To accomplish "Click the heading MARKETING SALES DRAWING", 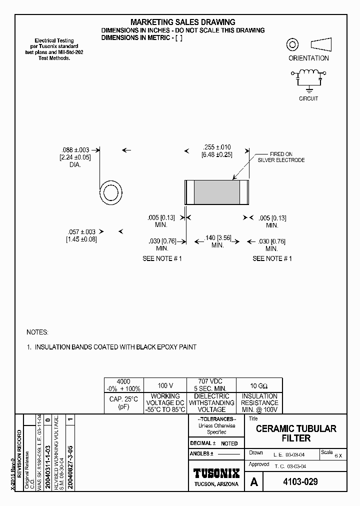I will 182,22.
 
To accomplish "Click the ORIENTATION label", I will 308,58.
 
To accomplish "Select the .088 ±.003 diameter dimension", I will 75,149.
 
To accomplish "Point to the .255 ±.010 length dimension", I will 216,147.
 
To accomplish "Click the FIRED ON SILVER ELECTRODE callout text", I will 281,157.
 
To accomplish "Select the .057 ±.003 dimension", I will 81,232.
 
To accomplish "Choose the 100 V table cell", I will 165,385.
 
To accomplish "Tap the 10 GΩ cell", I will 259,385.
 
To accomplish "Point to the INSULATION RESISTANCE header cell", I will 259,402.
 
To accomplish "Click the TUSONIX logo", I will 216,473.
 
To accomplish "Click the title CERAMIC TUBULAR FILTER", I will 296,433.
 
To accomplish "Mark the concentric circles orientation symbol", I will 292,45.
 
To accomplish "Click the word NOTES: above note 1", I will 37,332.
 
